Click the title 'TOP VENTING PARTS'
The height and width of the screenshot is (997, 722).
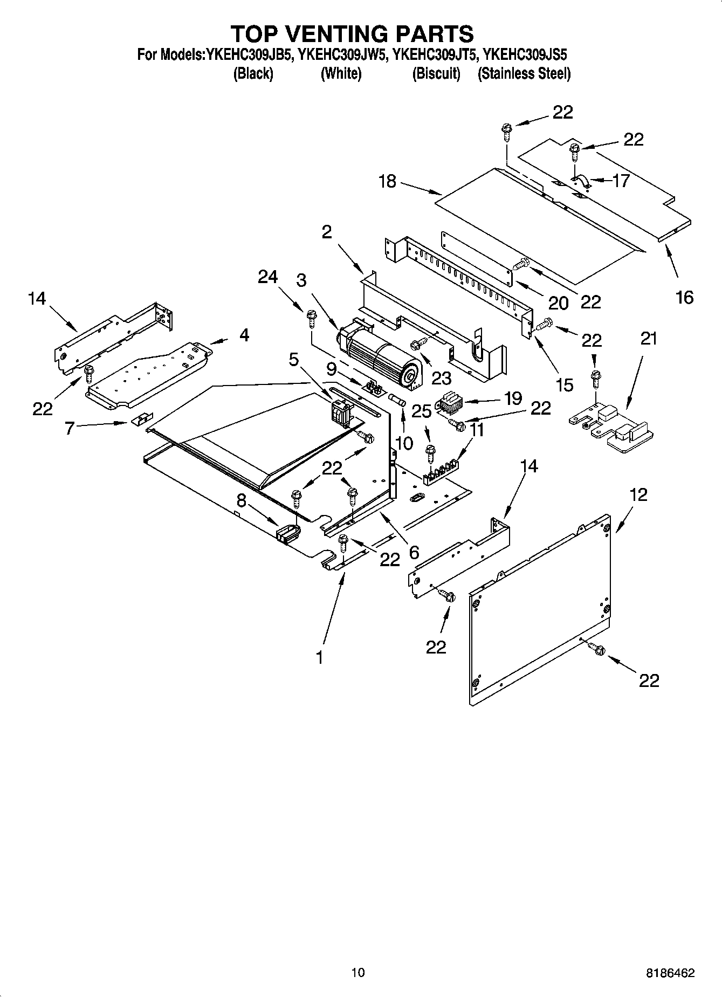353,33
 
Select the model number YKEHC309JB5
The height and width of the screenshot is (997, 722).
247,54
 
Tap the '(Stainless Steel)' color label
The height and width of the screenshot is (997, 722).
524,74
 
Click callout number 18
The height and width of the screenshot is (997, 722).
387,182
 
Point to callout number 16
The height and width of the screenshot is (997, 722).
684,297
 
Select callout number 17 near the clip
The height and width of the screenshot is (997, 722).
621,181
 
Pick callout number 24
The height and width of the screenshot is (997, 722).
267,277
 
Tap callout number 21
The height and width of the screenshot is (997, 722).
649,339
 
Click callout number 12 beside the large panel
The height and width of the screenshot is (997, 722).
638,494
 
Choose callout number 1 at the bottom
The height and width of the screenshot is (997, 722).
319,657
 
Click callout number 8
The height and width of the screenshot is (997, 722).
241,501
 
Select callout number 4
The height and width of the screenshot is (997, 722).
244,335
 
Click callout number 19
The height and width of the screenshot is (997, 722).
513,398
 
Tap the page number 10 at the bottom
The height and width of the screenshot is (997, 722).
357,972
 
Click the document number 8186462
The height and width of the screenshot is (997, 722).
670,973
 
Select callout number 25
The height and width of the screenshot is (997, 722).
422,411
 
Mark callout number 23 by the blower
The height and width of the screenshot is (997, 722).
441,378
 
